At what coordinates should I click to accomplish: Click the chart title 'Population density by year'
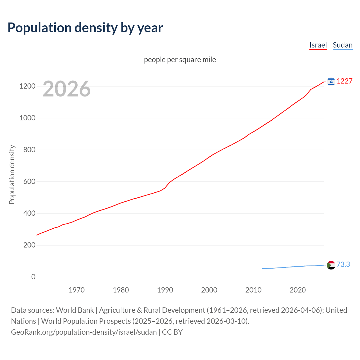[85, 28]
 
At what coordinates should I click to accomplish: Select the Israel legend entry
[318, 45]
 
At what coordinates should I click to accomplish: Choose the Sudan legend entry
[342, 45]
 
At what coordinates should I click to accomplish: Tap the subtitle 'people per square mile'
[180, 60]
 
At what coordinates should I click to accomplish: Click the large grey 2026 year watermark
[67, 89]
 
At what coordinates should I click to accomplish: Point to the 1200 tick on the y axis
[27, 86]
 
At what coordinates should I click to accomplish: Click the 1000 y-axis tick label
[27, 118]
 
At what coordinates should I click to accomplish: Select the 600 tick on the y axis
[29, 181]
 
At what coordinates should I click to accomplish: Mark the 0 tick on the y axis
[33, 277]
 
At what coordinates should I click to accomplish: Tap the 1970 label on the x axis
[76, 290]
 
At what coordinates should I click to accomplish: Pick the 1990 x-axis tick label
[165, 290]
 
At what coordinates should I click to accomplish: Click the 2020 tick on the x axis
[298, 290]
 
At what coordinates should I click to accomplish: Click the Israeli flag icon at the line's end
[331, 82]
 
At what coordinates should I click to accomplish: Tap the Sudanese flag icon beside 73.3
[331, 265]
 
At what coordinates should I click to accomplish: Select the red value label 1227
[345, 81]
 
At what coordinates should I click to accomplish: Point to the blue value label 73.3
[343, 264]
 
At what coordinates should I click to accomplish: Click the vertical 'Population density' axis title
[12, 174]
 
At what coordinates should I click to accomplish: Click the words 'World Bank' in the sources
[75, 310]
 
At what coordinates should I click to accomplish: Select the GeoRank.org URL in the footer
[84, 332]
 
